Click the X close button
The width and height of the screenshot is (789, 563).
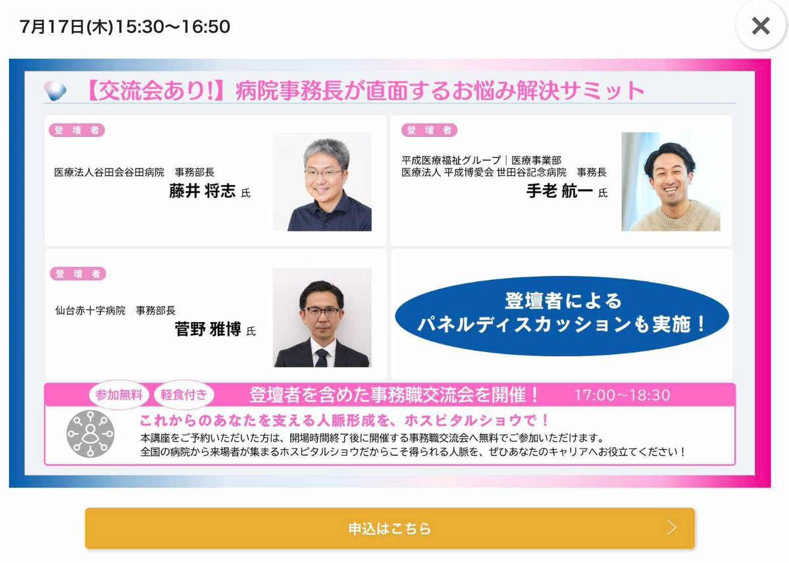point(760,26)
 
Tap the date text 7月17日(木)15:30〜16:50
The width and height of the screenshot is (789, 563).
point(125,26)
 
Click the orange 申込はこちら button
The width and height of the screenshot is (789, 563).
point(390,528)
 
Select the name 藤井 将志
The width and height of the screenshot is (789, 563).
point(202,191)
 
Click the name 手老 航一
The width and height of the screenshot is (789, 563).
point(559,191)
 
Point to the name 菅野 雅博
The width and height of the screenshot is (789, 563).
point(208,329)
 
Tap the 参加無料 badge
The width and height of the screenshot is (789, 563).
point(118,395)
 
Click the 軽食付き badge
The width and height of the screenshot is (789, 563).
point(184,395)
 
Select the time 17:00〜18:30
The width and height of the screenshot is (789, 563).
point(623,395)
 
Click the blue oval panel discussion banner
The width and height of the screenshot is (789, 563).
point(561,316)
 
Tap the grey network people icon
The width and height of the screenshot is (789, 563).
point(91,433)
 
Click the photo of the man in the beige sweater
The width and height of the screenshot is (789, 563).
point(671,182)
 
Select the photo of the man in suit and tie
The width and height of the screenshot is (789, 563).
point(322,317)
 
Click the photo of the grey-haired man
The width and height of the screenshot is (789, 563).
point(322,182)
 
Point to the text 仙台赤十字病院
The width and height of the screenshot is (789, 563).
point(90,311)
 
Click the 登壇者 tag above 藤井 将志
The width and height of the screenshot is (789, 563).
point(76,130)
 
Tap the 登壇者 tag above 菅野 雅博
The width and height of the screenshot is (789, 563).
point(78,274)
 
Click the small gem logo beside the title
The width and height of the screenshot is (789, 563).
point(55,91)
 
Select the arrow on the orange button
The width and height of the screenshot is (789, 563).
point(672,527)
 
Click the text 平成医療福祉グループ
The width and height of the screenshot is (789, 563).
point(451,160)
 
